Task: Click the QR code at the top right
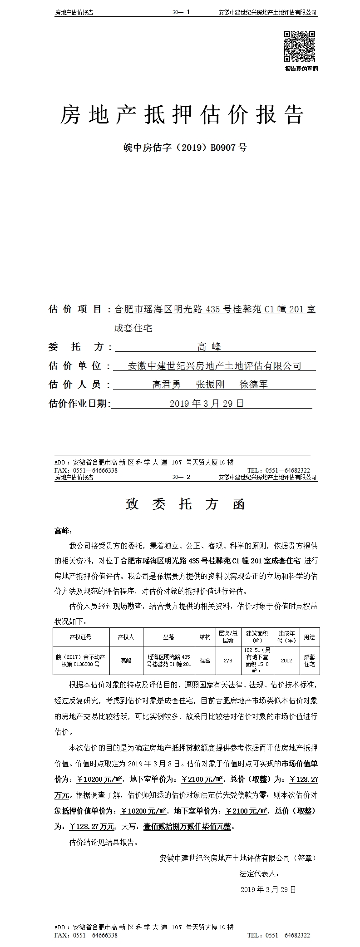(x=300, y=46)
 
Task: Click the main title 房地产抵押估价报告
(x=182, y=115)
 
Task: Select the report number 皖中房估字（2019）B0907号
(x=185, y=147)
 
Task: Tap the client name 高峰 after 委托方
(x=209, y=347)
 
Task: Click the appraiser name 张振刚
(x=210, y=385)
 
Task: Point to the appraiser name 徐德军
(x=254, y=385)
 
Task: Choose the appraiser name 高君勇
(x=167, y=385)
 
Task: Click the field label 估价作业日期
(x=79, y=404)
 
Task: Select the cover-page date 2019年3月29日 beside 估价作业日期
(x=207, y=404)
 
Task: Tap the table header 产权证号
(x=81, y=637)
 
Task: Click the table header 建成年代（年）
(x=286, y=637)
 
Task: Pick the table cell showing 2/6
(x=228, y=661)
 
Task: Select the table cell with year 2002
(x=286, y=661)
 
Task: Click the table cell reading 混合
(x=205, y=661)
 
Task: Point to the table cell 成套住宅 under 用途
(x=309, y=661)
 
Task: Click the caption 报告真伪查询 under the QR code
(x=301, y=69)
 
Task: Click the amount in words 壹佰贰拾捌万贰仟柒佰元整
(x=187, y=827)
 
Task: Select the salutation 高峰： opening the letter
(x=63, y=530)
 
